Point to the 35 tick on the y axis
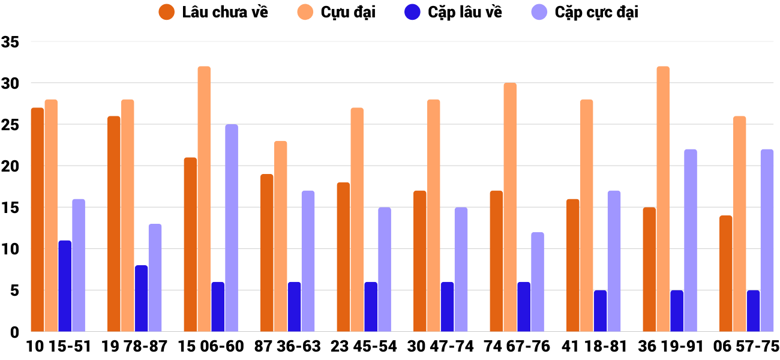[x=11, y=42]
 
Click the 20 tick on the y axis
[x=11, y=166]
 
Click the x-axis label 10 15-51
[x=58, y=347]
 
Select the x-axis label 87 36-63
[x=287, y=347]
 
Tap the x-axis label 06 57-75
[x=746, y=347]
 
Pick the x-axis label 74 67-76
[x=517, y=347]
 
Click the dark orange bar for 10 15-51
[x=37, y=220]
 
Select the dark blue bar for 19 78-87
[x=141, y=298]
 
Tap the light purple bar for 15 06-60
[x=232, y=228]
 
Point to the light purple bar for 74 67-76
[x=538, y=282]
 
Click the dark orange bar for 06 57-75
[x=725, y=274]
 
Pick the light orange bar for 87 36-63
[x=281, y=236]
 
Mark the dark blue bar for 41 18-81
[x=600, y=311]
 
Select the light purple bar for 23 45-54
[x=385, y=269]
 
